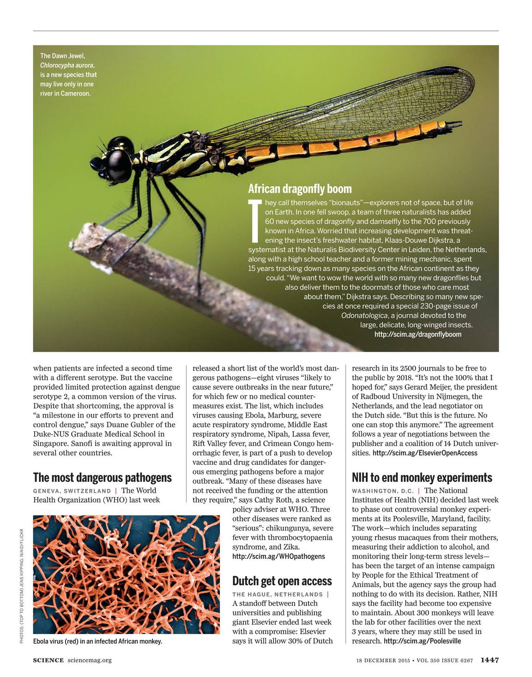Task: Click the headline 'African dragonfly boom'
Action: [x=300, y=189]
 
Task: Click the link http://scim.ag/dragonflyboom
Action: [x=417, y=334]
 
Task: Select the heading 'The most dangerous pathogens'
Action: [x=102, y=477]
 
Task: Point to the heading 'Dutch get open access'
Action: [x=282, y=581]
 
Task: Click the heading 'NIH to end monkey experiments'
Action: [x=422, y=477]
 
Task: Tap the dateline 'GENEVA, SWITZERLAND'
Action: [x=72, y=491]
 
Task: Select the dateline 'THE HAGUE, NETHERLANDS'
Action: [x=277, y=594]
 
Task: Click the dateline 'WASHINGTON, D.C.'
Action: [x=382, y=491]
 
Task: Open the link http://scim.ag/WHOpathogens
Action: [x=278, y=557]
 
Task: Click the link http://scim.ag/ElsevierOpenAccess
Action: [x=424, y=453]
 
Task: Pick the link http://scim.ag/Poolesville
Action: [x=422, y=641]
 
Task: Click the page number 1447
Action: [x=489, y=660]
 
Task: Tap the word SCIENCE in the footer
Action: [x=48, y=660]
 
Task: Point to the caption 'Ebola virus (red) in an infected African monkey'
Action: [x=97, y=641]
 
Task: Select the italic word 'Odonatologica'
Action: [x=364, y=316]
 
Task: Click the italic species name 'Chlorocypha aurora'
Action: [x=67, y=66]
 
